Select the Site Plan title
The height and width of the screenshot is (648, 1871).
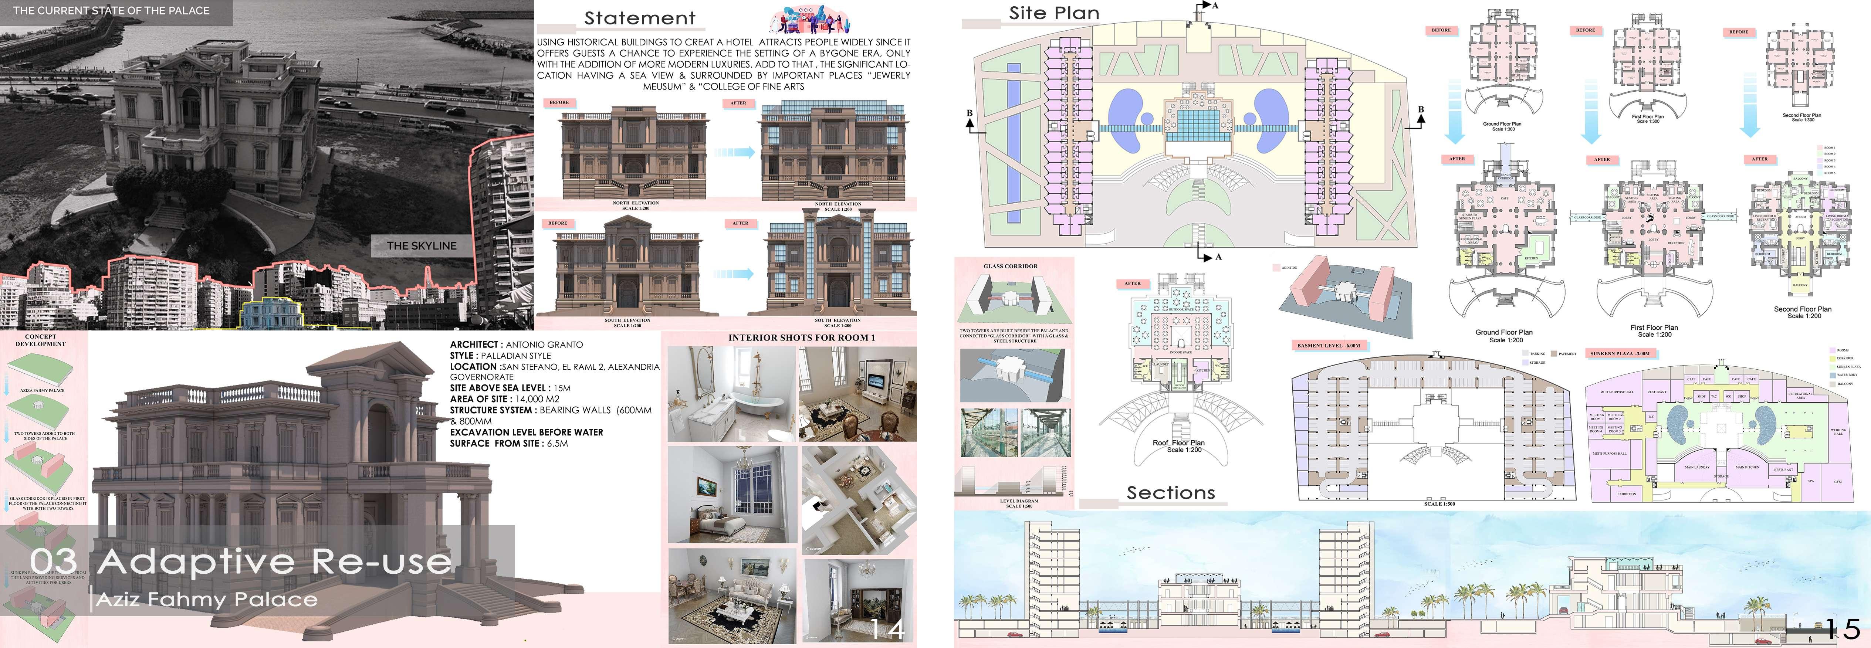pos(1054,13)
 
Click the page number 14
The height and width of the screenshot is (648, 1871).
pos(887,628)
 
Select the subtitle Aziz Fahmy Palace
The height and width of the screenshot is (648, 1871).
pos(207,600)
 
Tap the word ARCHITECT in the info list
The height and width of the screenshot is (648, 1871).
pos(474,345)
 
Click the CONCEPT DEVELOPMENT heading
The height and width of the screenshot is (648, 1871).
pos(41,340)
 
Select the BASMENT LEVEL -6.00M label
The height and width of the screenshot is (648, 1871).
pos(1329,345)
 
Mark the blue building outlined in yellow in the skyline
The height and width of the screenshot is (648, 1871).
pos(271,312)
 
